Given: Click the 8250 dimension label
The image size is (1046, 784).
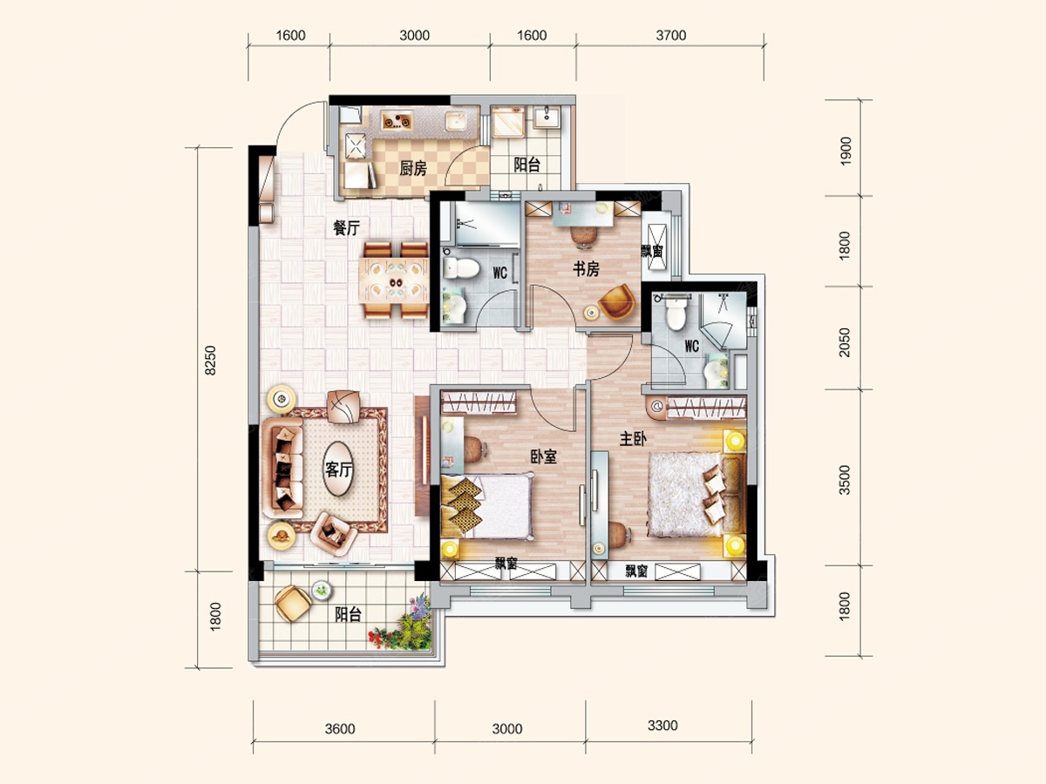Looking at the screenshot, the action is coord(211,361).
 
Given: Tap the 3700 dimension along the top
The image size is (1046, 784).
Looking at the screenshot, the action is coord(671,35).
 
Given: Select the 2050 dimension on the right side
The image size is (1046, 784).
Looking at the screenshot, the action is coord(845,342).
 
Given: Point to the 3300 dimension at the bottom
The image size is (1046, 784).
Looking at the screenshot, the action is coord(662,726).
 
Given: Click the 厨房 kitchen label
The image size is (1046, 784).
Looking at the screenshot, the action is coord(412,168).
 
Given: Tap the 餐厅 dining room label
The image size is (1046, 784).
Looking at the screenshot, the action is coord(346,228).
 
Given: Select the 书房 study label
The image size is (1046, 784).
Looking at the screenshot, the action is coord(586,269).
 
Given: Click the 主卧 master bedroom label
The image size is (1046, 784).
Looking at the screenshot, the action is coord(633,439).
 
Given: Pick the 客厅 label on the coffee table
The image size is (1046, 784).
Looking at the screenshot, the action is coord(338,470).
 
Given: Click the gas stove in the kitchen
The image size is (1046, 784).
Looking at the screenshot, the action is coord(397,121).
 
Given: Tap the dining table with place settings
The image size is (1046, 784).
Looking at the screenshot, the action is coord(394,280).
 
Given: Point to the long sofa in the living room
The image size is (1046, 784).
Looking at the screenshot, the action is coord(282,468).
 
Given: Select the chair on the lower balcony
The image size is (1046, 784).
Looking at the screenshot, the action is coord(293,603).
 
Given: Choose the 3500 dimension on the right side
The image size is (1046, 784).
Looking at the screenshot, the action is coord(845,480).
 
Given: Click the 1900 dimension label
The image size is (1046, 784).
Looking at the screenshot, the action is coord(846,151).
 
